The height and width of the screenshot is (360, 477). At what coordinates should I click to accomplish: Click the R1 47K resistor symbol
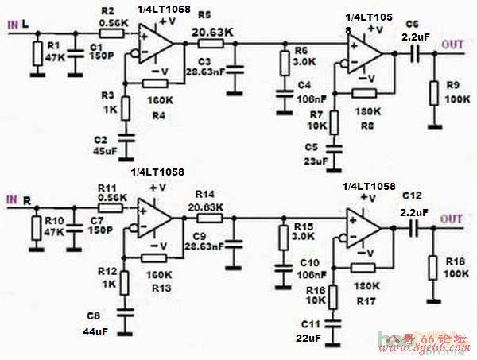[x=37, y=54]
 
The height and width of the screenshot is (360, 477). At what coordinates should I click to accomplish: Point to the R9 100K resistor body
[x=434, y=93]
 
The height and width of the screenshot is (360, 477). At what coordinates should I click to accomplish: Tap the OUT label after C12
[x=452, y=219]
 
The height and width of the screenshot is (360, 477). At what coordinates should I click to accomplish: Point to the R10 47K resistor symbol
[x=36, y=228]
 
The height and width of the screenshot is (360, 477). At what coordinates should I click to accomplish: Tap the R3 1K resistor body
[x=125, y=107]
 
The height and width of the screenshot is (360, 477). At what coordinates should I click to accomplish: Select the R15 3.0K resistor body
[x=284, y=238]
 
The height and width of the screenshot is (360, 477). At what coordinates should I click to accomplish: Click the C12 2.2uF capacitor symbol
[x=414, y=226]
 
